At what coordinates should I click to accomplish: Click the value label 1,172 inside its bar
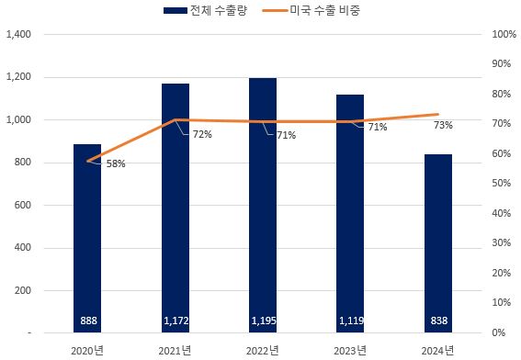point(175,321)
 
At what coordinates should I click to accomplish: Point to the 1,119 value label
point(350,321)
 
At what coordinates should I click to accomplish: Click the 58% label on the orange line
point(116,163)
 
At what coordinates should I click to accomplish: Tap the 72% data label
point(202,135)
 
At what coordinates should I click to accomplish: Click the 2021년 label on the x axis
point(175,349)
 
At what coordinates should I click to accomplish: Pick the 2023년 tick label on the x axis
point(350,349)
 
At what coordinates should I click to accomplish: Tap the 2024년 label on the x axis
point(438,349)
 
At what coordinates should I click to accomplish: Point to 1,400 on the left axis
point(18,35)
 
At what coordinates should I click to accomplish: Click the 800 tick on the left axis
point(24,163)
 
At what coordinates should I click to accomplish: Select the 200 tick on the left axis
point(24,290)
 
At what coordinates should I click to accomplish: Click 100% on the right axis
point(504,35)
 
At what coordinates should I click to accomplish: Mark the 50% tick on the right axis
point(504,184)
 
